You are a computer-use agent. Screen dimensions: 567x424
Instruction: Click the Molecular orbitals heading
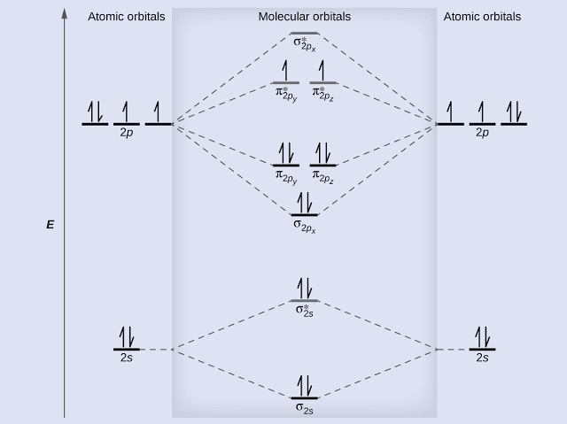point(305,17)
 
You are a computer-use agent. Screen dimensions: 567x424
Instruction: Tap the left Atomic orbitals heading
point(126,17)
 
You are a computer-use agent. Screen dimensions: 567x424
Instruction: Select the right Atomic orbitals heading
point(482,17)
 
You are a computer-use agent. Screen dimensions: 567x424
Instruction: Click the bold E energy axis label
point(50,225)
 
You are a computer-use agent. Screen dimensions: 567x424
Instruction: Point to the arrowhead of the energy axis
point(65,13)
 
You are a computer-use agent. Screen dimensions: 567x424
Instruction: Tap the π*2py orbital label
point(286,94)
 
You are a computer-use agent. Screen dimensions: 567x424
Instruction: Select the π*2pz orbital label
point(322,94)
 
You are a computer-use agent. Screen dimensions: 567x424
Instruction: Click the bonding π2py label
point(286,177)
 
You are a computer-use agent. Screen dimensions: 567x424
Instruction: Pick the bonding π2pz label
point(322,177)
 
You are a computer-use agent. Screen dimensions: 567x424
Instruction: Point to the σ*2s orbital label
point(305,310)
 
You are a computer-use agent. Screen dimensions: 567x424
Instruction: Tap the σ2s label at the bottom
point(305,408)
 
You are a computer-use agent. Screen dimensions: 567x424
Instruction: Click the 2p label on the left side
point(127,133)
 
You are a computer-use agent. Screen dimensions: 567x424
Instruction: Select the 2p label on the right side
point(482,133)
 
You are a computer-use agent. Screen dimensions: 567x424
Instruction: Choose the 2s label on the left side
point(127,358)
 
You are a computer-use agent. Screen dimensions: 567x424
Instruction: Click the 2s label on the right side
point(482,358)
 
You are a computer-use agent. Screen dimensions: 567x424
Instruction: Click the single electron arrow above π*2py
point(285,71)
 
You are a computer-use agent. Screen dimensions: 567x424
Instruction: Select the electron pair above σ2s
point(305,386)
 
